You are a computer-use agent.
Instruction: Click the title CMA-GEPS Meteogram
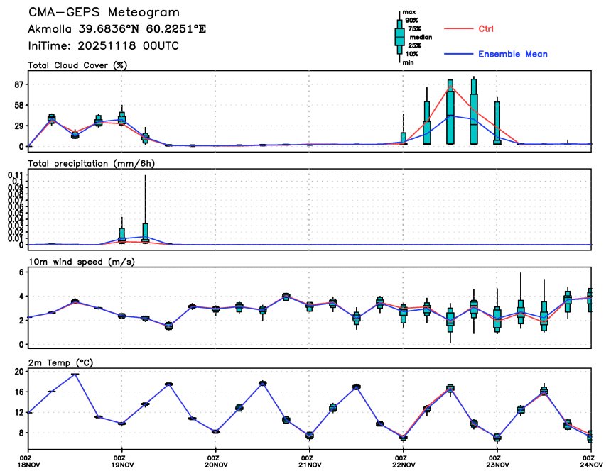click(x=104, y=13)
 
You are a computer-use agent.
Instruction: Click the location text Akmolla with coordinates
click(x=117, y=30)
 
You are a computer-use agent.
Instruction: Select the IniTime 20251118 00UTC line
click(x=103, y=45)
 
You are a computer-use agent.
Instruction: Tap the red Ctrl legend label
click(x=486, y=28)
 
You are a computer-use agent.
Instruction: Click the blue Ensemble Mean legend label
click(x=512, y=54)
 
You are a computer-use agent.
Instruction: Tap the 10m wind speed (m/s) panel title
click(x=82, y=262)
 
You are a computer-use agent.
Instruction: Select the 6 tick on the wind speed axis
click(x=23, y=272)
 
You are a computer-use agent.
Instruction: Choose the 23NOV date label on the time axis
click(x=497, y=465)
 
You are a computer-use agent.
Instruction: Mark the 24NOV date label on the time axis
click(x=591, y=465)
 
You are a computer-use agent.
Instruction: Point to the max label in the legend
click(x=409, y=12)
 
